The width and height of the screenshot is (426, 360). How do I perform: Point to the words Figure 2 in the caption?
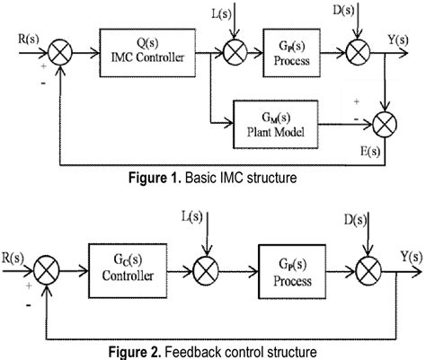coord(142,350)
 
